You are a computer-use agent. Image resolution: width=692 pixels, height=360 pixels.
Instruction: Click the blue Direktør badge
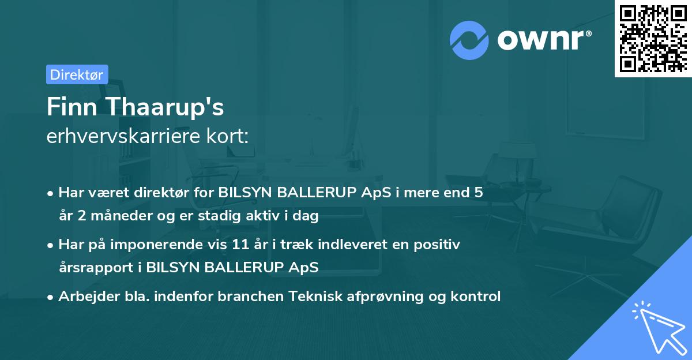coord(77,74)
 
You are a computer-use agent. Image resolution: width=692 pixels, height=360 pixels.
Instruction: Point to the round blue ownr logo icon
coord(469,40)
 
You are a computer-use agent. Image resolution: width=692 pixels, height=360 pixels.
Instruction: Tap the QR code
coord(653,38)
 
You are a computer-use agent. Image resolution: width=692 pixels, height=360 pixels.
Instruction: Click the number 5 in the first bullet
coord(479,193)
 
